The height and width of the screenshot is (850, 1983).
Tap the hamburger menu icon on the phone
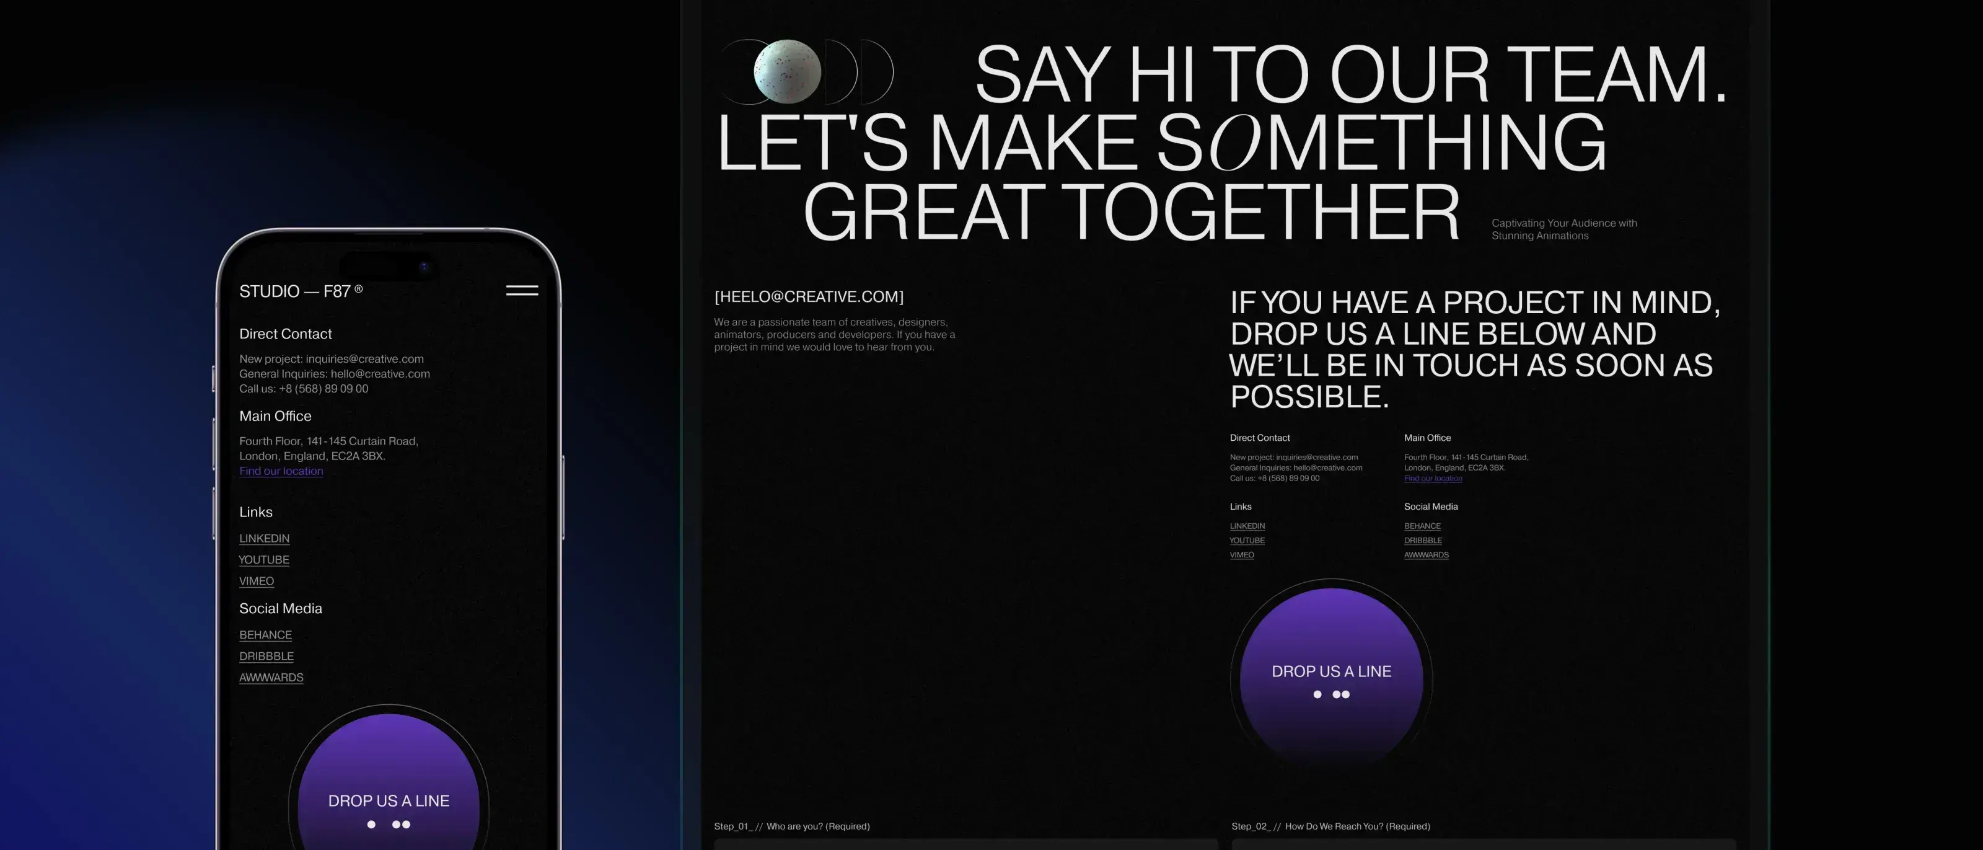[522, 290]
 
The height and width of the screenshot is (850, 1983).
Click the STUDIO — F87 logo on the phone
[300, 291]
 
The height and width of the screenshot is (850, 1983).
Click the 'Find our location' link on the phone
[281, 471]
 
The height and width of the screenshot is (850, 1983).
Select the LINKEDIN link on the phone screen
[264, 538]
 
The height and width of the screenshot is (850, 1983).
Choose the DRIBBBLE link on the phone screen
[266, 656]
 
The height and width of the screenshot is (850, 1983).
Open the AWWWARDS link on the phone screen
[271, 678]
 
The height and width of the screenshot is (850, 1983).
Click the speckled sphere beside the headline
[787, 71]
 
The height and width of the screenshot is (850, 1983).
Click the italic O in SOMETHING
[1236, 143]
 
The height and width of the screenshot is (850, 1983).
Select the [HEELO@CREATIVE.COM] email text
[809, 296]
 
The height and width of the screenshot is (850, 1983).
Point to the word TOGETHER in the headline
[1265, 212]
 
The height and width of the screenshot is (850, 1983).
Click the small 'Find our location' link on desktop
[1433, 478]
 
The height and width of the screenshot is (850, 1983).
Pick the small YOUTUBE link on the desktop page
[1247, 541]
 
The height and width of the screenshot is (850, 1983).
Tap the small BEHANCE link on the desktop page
[1422, 526]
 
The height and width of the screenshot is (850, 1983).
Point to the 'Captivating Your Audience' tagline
[1563, 229]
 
